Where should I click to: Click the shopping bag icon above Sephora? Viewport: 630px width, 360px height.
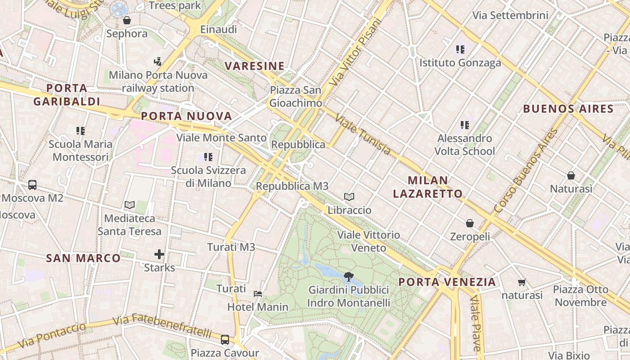(127, 20)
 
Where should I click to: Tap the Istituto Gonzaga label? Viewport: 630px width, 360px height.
(460, 63)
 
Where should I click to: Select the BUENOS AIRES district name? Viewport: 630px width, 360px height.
(568, 109)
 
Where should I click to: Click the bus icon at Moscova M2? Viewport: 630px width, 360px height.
(32, 184)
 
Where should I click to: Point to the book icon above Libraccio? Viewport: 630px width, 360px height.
(349, 197)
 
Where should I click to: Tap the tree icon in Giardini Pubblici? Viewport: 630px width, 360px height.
(348, 276)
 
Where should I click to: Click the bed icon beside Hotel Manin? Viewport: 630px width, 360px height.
(258, 294)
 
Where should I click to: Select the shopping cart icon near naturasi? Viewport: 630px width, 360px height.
(522, 282)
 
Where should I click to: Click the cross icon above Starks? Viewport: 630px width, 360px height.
(159, 254)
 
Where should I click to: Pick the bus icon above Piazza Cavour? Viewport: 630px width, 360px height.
(225, 339)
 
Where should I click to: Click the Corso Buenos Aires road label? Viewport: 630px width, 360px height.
(525, 171)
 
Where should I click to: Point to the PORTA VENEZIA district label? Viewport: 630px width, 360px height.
(447, 282)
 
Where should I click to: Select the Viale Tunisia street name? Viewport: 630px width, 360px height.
(363, 134)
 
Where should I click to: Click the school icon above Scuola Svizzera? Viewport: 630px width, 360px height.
(208, 157)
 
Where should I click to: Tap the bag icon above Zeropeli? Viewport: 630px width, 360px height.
(470, 223)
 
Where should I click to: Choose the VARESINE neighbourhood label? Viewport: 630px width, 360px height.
(254, 66)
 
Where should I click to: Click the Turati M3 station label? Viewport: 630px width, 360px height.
(231, 247)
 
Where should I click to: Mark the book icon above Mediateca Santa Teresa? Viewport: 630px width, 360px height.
(130, 205)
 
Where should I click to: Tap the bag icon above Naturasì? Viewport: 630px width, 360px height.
(571, 175)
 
